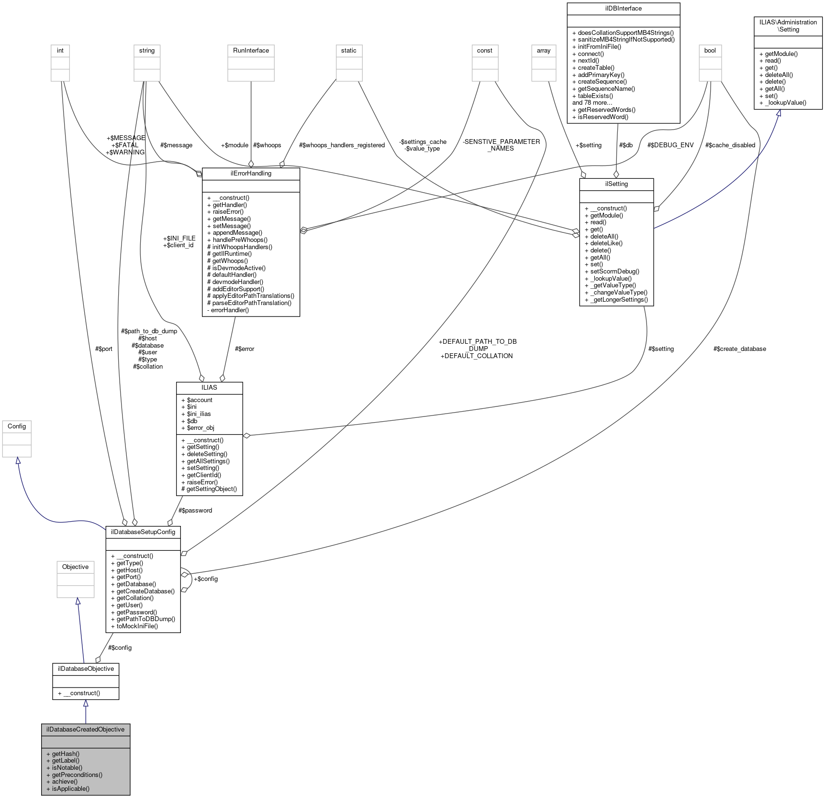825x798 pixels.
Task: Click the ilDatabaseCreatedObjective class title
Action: (85, 729)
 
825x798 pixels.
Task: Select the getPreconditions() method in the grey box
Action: (77, 775)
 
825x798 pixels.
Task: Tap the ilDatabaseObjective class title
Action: (86, 668)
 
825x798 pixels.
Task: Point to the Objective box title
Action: (75, 567)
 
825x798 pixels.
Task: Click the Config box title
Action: (17, 426)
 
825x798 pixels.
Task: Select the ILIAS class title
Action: (209, 387)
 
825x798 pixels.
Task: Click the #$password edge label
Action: (195, 510)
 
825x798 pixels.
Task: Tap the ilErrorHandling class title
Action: (251, 173)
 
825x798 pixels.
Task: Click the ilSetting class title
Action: (616, 184)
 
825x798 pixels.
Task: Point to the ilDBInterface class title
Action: (623, 8)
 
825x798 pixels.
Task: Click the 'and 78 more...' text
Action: (592, 102)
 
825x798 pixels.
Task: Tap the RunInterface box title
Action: (251, 50)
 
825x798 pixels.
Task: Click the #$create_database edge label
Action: (739, 349)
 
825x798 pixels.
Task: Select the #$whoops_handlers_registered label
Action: (342, 145)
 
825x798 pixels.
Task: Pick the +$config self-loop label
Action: (205, 579)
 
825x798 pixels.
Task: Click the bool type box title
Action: (710, 50)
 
